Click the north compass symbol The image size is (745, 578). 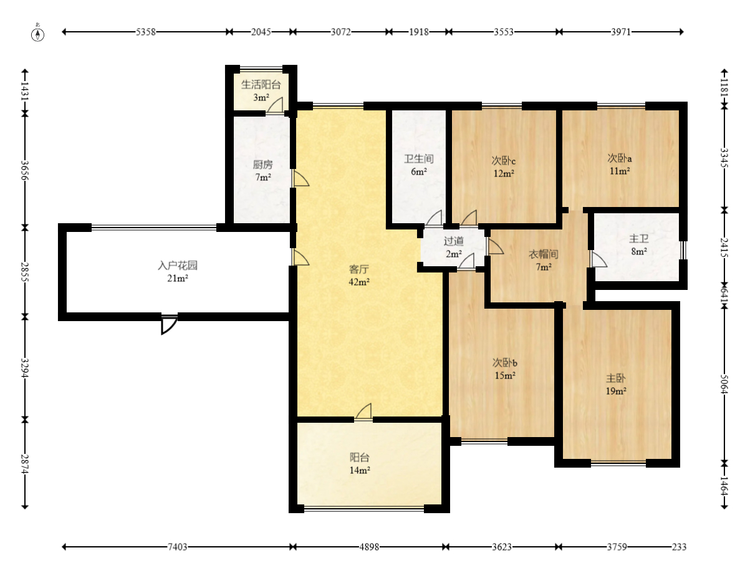[37, 34]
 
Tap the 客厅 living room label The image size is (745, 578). [358, 269]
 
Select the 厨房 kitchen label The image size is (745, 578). [262, 165]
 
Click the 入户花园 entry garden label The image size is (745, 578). [178, 265]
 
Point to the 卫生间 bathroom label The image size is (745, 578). [418, 159]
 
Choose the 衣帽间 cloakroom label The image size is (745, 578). [544, 254]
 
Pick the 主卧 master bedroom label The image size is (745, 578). [616, 378]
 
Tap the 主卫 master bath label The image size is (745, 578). [639, 239]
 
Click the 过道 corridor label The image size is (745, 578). [453, 241]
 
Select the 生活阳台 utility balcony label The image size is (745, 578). [261, 85]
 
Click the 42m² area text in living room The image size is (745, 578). [359, 282]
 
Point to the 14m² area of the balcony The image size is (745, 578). [360, 470]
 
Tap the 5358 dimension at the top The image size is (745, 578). [146, 32]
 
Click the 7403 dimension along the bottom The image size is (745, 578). [177, 547]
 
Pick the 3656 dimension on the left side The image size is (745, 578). [25, 170]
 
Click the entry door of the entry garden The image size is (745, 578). [169, 324]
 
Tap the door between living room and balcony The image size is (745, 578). [363, 412]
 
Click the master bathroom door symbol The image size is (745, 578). [598, 259]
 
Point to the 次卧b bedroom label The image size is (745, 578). [504, 363]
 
